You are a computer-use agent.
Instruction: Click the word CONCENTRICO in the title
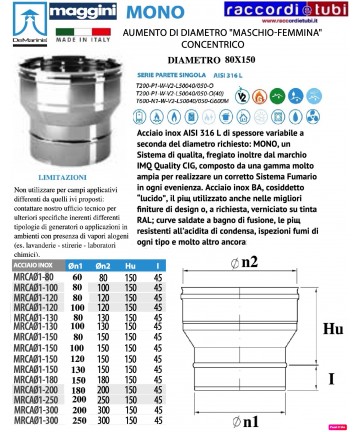(x=204, y=45)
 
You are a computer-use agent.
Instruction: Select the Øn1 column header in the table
(x=74, y=264)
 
